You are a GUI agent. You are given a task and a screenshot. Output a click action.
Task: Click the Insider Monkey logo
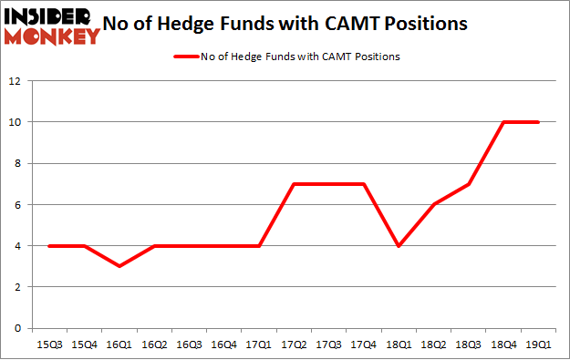[x=51, y=25]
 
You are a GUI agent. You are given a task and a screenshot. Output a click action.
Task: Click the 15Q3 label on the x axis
[x=48, y=345]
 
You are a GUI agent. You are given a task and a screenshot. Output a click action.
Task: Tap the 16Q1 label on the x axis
[x=119, y=345]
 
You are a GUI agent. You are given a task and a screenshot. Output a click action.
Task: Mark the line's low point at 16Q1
[x=119, y=266]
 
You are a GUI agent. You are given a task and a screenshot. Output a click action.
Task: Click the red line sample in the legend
[x=192, y=57]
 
